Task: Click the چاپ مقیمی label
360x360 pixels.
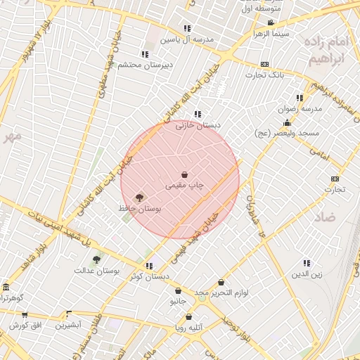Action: click(x=184, y=186)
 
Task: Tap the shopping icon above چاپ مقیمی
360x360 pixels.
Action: click(x=184, y=174)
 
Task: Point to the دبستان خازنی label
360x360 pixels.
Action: click(x=198, y=125)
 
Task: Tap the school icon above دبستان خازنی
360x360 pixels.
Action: click(x=198, y=114)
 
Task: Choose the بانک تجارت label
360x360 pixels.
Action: click(x=264, y=75)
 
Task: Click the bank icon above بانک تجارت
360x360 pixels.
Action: click(x=264, y=64)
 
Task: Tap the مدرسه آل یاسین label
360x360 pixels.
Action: click(x=187, y=40)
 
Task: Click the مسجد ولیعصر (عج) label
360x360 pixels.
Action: click(x=287, y=133)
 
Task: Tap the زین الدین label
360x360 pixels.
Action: click(x=307, y=274)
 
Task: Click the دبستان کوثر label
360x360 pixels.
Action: click(x=149, y=277)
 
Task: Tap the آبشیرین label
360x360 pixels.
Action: click(x=69, y=325)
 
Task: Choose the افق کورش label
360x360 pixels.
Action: click(x=26, y=326)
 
